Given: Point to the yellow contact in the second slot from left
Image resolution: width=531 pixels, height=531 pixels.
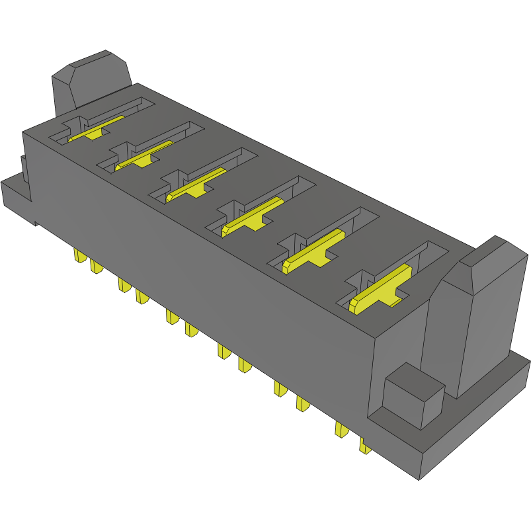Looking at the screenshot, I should (x=143, y=155).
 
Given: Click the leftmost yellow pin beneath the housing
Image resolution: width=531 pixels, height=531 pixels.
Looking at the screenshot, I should (x=78, y=255).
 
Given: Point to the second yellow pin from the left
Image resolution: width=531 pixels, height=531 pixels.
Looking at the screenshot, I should (x=96, y=266).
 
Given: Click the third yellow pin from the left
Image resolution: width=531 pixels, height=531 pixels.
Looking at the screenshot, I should (x=123, y=284).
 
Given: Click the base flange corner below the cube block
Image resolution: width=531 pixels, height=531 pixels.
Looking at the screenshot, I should (x=417, y=463).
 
